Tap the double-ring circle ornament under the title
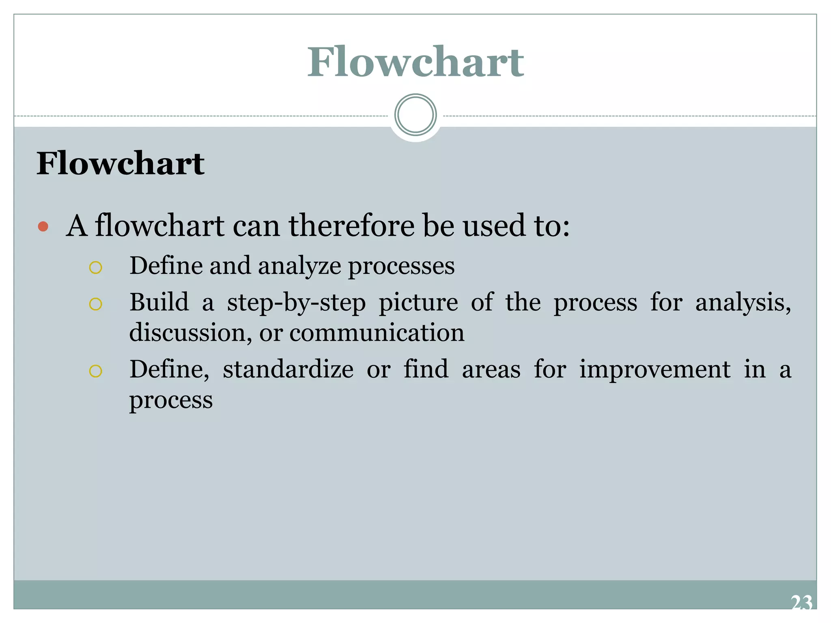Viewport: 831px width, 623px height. (x=415, y=115)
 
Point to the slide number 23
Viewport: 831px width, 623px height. (x=801, y=603)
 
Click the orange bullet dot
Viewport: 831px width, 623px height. (x=43, y=226)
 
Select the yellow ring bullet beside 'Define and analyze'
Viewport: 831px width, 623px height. (x=95, y=268)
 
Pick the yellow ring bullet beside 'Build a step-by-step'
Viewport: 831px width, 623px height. (x=95, y=304)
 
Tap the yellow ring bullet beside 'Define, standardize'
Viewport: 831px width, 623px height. (x=95, y=371)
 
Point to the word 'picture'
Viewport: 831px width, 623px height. (x=418, y=303)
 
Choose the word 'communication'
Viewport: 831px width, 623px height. (x=377, y=333)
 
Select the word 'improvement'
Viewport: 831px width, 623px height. (x=654, y=370)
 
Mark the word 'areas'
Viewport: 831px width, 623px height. (x=491, y=370)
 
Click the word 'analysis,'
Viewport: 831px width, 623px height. (x=743, y=303)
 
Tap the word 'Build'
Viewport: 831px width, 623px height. (x=159, y=302)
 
